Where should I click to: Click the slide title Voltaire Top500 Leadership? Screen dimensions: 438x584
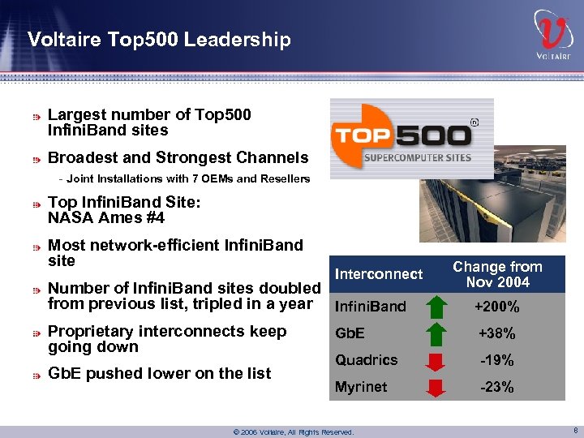(x=158, y=39)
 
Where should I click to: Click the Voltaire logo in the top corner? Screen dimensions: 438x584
(x=553, y=36)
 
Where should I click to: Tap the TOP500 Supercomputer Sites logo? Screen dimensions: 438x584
(x=411, y=139)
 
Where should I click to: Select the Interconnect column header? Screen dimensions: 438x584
(x=379, y=274)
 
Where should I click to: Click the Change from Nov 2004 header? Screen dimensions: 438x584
(x=497, y=274)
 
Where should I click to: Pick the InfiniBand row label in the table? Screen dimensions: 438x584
(x=370, y=307)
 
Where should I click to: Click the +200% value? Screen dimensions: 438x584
(x=497, y=307)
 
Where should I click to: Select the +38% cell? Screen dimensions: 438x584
(x=497, y=334)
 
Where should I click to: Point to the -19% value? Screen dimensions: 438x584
(x=497, y=361)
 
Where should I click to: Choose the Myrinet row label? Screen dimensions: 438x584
(x=361, y=387)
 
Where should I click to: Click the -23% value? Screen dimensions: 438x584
(x=497, y=388)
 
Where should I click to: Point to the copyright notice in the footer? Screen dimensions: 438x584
(x=293, y=432)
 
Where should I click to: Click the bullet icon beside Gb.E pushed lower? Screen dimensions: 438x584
(x=36, y=375)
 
